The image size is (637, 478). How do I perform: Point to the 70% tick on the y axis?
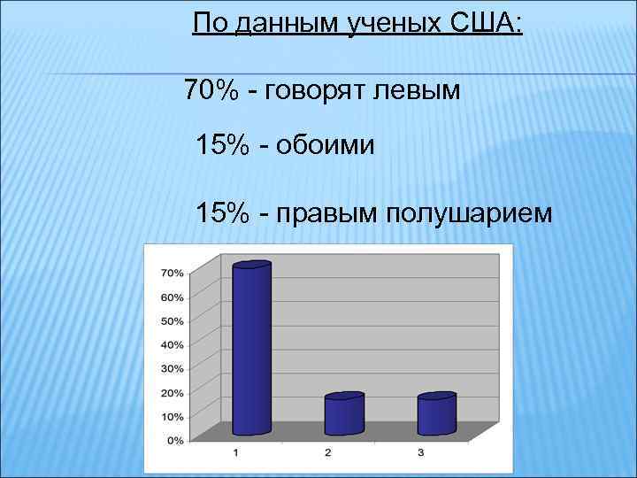tap(172, 272)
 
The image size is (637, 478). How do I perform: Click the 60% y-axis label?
tap(172, 297)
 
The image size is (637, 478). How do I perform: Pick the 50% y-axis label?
tap(172, 320)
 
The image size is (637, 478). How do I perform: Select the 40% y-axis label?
tap(172, 344)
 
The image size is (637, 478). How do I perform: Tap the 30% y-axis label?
tap(172, 368)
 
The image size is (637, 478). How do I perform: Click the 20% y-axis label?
tap(172, 392)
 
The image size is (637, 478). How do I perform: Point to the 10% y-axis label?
tap(172, 416)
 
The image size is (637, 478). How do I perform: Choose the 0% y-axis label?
tap(174, 440)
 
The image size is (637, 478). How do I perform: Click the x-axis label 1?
tap(236, 454)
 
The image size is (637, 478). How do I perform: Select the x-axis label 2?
tap(328, 454)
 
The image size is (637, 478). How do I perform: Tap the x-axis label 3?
tap(420, 454)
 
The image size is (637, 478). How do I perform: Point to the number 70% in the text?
tap(211, 90)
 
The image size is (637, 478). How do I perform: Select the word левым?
tap(416, 91)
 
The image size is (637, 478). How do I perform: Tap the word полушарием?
tap(464, 213)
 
